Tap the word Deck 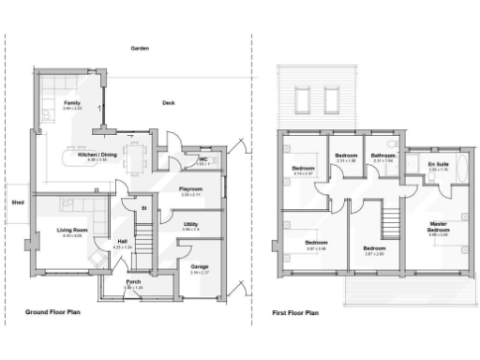tap(168, 102)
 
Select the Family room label tap(71, 102)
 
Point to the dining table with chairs tap(137, 155)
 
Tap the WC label tap(202, 160)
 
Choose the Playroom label tap(191, 189)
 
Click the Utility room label tap(190, 225)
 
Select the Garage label tap(199, 268)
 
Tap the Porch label tap(133, 284)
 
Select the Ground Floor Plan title tap(52, 311)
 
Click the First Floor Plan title tap(295, 312)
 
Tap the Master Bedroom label tap(438, 228)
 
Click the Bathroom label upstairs tap(382, 155)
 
